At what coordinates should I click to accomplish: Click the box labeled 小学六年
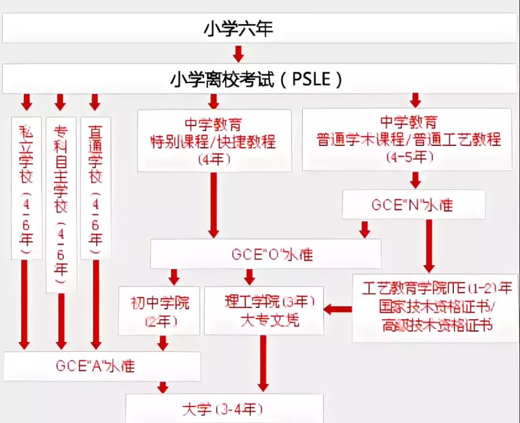[238, 29]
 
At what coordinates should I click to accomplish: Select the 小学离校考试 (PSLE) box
[257, 79]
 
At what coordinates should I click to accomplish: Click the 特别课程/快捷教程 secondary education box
[214, 140]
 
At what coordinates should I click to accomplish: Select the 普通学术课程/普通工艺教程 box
[406, 139]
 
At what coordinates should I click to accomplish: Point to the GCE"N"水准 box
[413, 205]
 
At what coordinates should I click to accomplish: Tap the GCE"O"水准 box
[265, 254]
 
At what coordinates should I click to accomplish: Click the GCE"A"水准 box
[102, 366]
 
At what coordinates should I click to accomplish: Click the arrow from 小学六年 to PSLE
[238, 54]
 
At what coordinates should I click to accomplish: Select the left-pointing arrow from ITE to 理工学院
[338, 309]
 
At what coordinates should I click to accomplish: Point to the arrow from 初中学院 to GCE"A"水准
[163, 343]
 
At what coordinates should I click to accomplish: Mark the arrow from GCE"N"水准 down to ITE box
[429, 245]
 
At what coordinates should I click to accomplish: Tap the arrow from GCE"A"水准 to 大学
[163, 388]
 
